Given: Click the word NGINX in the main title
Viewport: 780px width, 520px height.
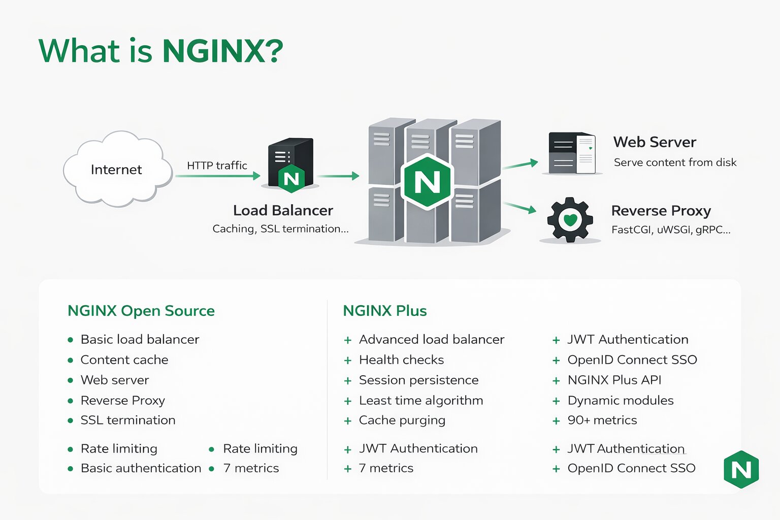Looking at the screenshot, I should pos(222,51).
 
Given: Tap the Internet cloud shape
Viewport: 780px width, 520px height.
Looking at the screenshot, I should pos(117,170).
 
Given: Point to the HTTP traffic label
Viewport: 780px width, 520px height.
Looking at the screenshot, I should pos(217,166).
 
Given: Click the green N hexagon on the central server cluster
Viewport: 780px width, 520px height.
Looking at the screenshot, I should pos(427,181).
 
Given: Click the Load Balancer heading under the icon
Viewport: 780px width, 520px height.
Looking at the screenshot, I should pos(283,210).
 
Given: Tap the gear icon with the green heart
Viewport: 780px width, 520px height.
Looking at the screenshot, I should pos(570,219).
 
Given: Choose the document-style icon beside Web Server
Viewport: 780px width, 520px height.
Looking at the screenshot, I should pos(572,153).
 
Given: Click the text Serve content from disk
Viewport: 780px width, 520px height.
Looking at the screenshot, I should pos(675,162).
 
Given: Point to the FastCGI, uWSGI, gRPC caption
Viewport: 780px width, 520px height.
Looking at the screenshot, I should pos(671,230).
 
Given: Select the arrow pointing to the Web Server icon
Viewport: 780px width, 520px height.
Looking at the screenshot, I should pos(520,164).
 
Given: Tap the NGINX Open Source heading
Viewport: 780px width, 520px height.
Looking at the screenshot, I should pos(141,311).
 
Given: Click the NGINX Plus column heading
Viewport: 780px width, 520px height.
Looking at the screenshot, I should pos(385,311).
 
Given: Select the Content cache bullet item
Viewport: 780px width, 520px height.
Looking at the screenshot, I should pos(124,360).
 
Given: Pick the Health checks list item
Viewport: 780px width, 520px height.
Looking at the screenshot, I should pos(401,360).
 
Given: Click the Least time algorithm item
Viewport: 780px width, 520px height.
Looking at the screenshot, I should pos(421,401).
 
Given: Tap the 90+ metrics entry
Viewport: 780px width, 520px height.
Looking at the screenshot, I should pos(602,420).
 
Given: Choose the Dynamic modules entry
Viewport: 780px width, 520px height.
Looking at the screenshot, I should pos(621,401).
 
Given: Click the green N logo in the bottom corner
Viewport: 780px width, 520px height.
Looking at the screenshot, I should pos(741,470).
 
